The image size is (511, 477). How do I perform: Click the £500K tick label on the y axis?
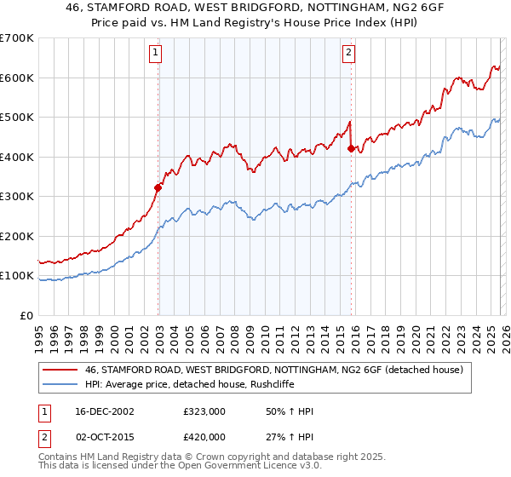(x=15, y=117)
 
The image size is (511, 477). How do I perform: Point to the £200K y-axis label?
(x=15, y=236)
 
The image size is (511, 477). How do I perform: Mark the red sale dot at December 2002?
(x=158, y=187)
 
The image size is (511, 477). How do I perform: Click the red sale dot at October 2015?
(x=351, y=149)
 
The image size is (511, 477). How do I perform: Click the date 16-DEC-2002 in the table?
(x=111, y=411)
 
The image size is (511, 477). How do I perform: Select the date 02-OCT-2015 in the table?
(x=111, y=437)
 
